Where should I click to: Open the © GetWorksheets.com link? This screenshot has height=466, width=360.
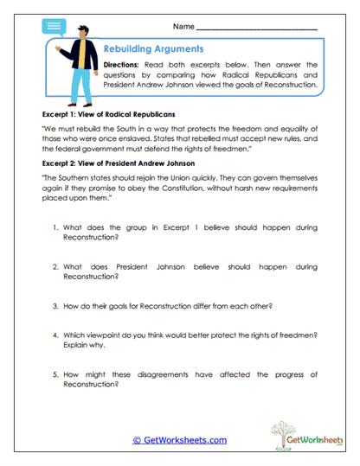[179, 440]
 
